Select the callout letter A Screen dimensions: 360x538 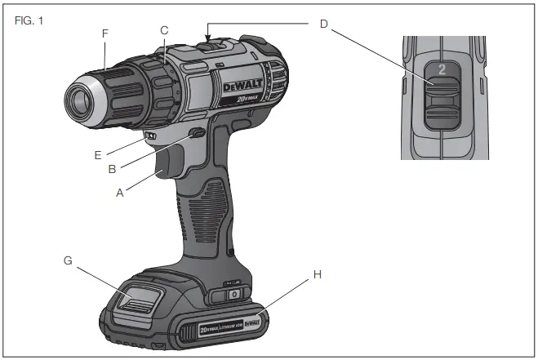121,194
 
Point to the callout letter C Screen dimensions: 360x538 164,31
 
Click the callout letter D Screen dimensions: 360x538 323,24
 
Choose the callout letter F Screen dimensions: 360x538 104,34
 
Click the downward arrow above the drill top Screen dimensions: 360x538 209,35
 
